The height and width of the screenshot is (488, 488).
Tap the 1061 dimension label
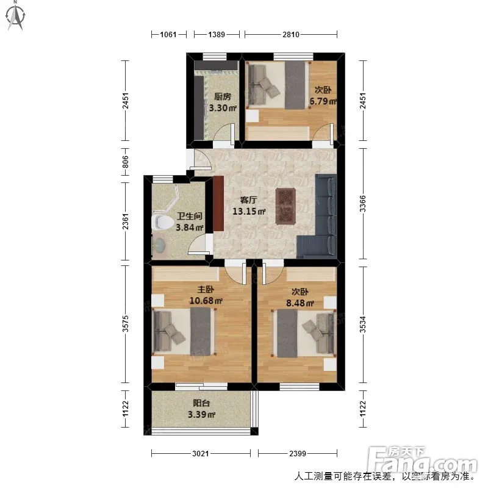[168, 34]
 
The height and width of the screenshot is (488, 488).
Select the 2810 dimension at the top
[291, 34]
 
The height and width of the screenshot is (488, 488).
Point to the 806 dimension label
[125, 162]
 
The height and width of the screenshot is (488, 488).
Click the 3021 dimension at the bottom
[201, 453]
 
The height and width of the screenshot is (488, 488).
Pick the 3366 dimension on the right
[363, 204]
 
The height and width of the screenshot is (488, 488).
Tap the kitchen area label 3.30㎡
[223, 108]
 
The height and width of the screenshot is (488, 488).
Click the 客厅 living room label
[248, 200]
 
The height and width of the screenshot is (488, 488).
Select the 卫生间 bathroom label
[190, 216]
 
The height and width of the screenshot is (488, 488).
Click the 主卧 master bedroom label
[206, 289]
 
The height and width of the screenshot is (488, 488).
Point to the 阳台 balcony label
[201, 403]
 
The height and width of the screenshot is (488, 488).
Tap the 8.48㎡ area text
[300, 303]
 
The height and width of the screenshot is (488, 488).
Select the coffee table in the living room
[285, 206]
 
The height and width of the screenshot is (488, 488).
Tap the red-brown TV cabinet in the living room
[218, 204]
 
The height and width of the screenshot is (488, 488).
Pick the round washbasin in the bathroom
[160, 246]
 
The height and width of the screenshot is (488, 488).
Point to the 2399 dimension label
[298, 453]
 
